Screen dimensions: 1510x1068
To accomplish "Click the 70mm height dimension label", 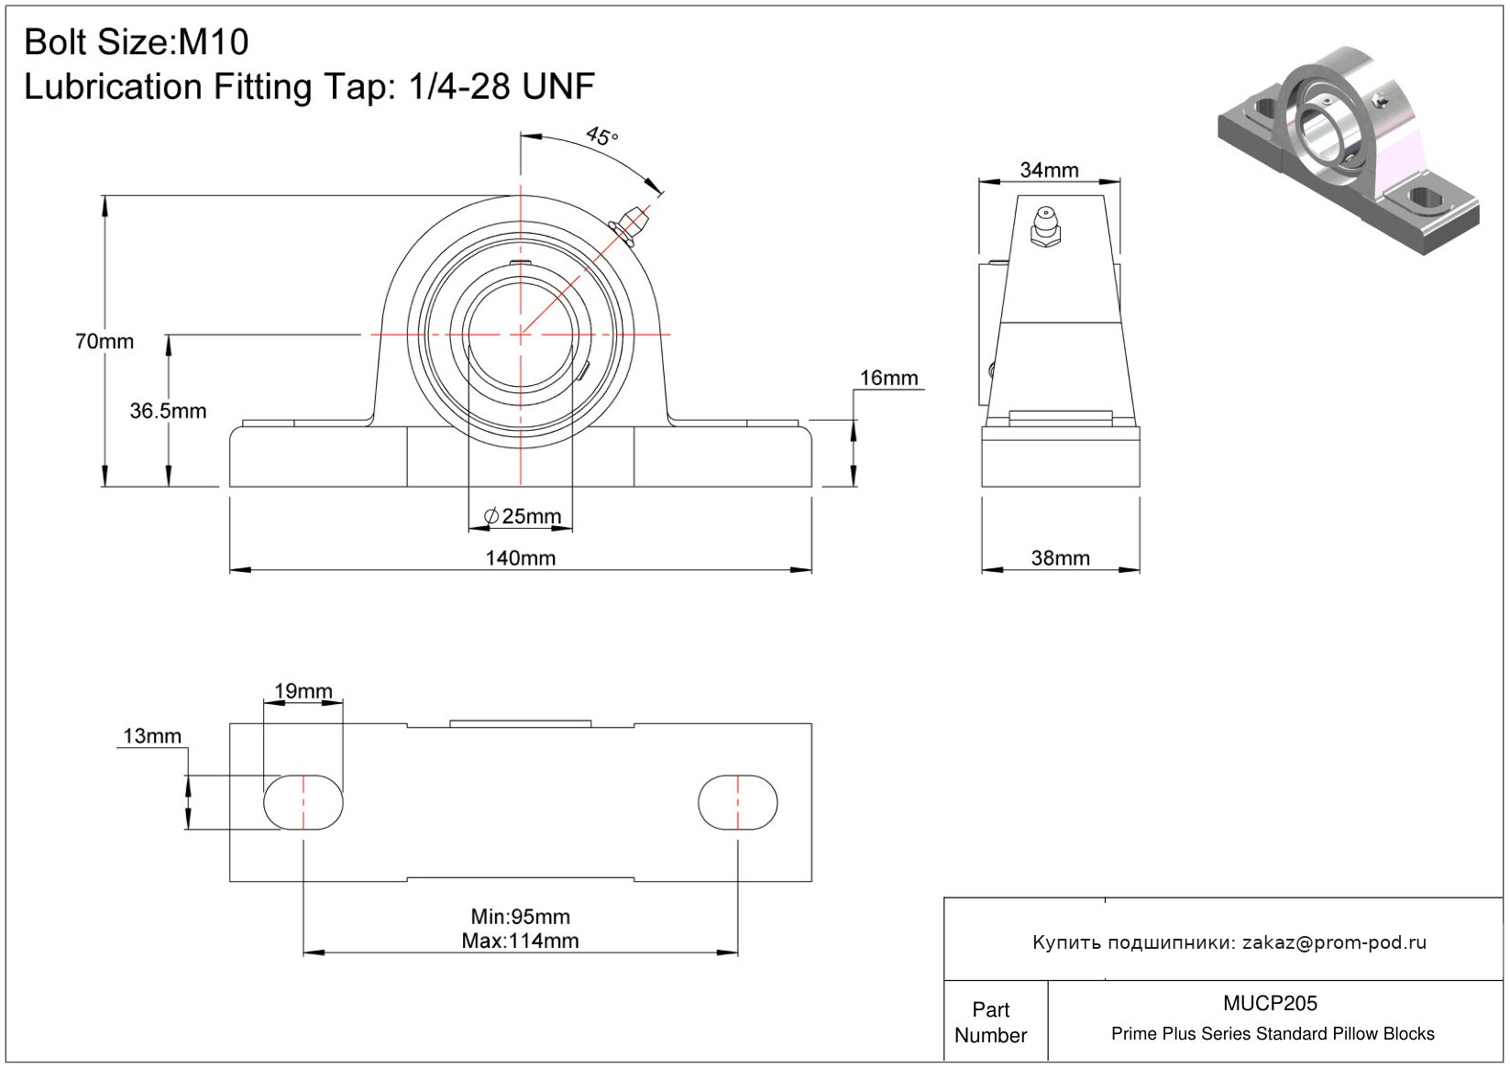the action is [x=105, y=341].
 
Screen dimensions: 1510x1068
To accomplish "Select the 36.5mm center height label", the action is [x=168, y=411].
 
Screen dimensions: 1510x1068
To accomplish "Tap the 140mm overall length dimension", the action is [x=521, y=558].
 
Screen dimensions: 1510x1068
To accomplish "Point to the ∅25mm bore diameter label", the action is [x=523, y=516].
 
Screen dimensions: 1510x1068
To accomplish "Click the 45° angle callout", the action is [x=601, y=137].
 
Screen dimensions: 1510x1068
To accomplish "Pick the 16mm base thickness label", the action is [x=888, y=378].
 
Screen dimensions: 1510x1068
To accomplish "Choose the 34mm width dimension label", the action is [x=1049, y=170].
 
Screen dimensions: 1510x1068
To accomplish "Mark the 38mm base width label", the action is [x=1061, y=558].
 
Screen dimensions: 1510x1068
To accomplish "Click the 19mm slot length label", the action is [x=303, y=691].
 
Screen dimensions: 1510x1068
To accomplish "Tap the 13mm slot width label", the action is [x=152, y=735].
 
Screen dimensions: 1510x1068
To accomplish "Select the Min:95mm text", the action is [x=521, y=917].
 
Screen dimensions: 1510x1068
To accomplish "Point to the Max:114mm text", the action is [x=521, y=941].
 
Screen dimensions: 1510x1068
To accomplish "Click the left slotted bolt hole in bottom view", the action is [x=303, y=802].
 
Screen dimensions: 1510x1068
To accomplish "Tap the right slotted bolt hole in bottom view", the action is [x=738, y=802].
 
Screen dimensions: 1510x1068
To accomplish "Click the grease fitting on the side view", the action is [x=1045, y=226].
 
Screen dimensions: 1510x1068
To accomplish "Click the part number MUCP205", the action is [x=1270, y=1003].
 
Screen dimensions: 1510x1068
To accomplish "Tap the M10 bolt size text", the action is [x=213, y=42].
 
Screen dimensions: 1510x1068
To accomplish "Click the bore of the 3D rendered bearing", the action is [x=1318, y=133].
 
